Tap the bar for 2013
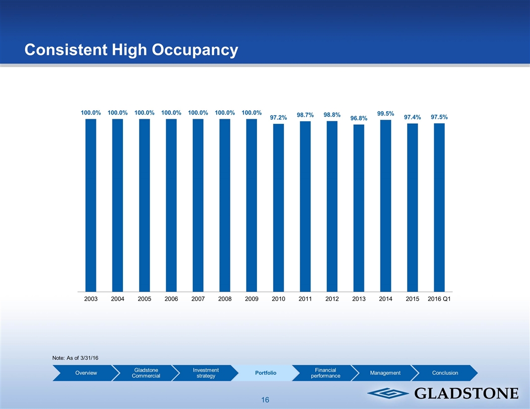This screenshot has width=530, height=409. click(359, 208)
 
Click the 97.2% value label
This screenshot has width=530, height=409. click(279, 118)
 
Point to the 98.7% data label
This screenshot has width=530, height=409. click(305, 115)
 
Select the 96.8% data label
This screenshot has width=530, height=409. click(359, 118)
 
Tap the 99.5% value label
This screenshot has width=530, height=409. click(385, 114)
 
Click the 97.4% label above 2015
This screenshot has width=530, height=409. click(412, 117)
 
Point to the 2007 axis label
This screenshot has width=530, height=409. click(198, 299)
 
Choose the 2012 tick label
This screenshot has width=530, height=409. click(332, 299)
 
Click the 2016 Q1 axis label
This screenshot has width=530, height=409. click(439, 299)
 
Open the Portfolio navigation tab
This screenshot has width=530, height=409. click(266, 373)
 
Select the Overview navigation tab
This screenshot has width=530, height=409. click(86, 373)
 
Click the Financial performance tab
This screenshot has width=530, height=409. click(325, 373)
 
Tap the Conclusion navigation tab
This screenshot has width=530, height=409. click(445, 373)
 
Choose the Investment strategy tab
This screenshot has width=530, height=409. click(205, 373)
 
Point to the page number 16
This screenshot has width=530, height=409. click(265, 400)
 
